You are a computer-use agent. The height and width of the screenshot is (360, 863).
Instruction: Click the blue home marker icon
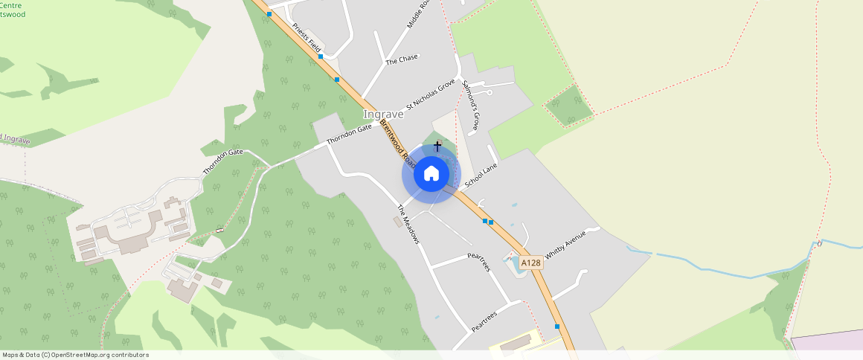[431, 174]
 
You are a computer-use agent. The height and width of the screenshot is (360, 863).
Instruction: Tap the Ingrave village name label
[383, 115]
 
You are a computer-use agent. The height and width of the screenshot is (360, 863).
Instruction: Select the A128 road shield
[531, 263]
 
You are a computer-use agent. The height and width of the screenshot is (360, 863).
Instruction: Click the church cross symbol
[437, 146]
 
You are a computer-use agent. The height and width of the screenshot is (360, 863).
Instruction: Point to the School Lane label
[480, 176]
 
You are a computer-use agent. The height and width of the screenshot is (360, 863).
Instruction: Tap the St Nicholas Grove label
[430, 96]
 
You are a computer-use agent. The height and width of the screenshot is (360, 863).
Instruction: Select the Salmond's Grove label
[470, 105]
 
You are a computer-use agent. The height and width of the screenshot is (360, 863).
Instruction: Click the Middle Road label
[419, 14]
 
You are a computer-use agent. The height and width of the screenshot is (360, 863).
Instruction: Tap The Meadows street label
[408, 225]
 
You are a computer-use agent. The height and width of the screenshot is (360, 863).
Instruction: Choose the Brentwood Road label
[395, 142]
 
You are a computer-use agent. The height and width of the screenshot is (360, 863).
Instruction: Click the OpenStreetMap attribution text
[75, 355]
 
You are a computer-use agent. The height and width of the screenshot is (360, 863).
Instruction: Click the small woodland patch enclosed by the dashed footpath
[569, 106]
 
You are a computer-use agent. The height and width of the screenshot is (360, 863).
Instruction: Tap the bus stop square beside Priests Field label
[321, 57]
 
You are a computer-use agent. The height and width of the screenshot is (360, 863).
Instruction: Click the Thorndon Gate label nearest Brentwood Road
[349, 134]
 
